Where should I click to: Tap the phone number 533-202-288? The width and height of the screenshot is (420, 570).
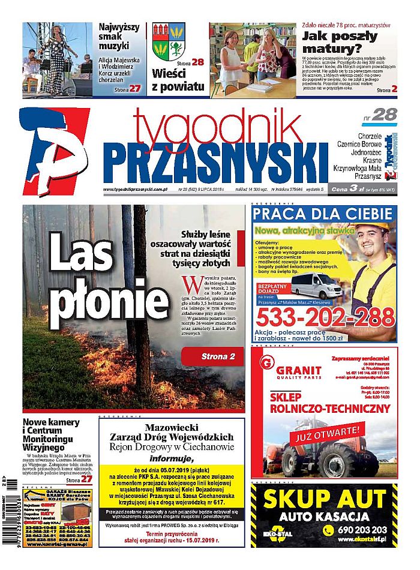[x=324, y=316]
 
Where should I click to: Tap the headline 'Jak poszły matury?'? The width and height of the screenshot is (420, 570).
[x=339, y=41]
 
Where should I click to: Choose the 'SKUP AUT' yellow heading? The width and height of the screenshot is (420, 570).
[x=325, y=499]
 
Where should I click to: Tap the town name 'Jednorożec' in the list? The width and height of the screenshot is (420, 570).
[x=376, y=154]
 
